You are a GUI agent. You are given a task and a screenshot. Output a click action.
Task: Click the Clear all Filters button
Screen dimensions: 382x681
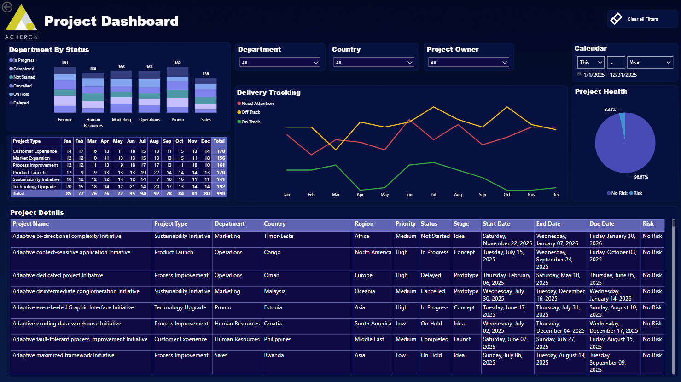642,19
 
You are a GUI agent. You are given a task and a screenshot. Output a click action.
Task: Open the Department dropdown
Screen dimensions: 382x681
280,63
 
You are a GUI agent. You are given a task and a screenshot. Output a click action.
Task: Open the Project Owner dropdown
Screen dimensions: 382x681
469,63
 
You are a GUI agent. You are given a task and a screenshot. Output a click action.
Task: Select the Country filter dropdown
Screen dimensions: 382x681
374,63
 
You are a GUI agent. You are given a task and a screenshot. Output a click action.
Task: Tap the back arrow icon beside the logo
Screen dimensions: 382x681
7,7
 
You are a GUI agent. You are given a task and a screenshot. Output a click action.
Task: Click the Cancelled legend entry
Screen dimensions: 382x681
22,86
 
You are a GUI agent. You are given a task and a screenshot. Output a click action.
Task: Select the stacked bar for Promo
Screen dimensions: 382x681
177,90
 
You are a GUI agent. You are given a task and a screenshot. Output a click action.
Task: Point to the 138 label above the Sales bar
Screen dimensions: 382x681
205,74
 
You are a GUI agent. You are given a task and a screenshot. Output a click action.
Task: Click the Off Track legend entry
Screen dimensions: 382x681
250,112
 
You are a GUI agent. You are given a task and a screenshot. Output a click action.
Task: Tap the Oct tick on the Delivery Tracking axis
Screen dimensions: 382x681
507,195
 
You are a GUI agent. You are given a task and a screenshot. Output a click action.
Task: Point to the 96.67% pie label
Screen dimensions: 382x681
641,177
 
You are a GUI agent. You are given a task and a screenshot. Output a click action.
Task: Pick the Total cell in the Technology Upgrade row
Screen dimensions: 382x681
221,187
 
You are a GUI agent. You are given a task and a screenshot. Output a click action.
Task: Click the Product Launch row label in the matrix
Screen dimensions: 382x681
29,173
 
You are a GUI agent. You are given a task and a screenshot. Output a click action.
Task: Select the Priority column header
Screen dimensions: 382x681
405,224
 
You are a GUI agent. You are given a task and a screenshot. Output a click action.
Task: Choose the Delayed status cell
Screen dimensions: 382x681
431,276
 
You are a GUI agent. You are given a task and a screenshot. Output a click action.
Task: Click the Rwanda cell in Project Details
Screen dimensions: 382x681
274,356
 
